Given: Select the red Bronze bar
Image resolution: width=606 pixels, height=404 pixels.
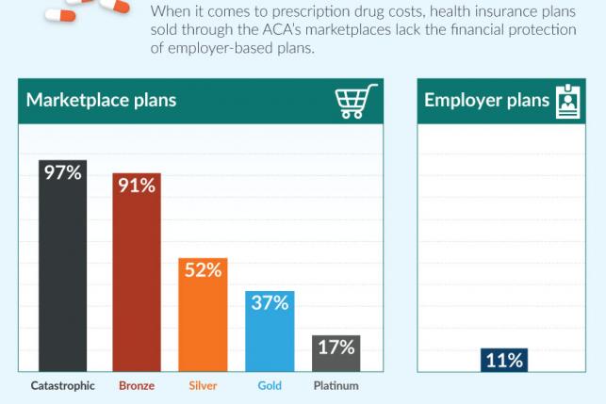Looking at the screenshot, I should (x=137, y=283).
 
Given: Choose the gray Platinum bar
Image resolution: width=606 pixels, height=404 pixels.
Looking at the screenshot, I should (x=336, y=363).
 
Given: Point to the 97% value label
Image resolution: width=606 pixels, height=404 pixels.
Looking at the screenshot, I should (x=62, y=172).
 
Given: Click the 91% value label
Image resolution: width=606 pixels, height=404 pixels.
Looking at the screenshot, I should (x=137, y=186).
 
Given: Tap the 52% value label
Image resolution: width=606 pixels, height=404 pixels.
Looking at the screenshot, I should (x=203, y=270).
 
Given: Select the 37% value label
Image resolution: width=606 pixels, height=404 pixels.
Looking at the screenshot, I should (x=270, y=302).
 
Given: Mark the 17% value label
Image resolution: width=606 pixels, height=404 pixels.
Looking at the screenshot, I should (x=336, y=347).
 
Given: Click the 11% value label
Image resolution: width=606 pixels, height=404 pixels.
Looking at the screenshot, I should (x=503, y=360).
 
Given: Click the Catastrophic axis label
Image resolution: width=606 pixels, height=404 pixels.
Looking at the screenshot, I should (x=62, y=386).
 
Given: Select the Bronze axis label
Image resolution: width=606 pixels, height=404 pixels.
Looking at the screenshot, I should (x=137, y=386).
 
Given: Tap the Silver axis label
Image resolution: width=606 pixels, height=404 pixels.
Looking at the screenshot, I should (x=203, y=386).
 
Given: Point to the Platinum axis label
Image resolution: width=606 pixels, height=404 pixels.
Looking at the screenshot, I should (x=336, y=386).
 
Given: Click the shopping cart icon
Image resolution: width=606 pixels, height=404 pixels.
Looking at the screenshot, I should (x=356, y=101).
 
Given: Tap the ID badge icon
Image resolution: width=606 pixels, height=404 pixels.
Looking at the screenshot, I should (x=568, y=101).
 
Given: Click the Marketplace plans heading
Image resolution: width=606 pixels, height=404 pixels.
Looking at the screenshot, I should (x=101, y=101).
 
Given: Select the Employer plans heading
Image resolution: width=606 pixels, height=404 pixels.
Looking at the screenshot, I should (x=486, y=101).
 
